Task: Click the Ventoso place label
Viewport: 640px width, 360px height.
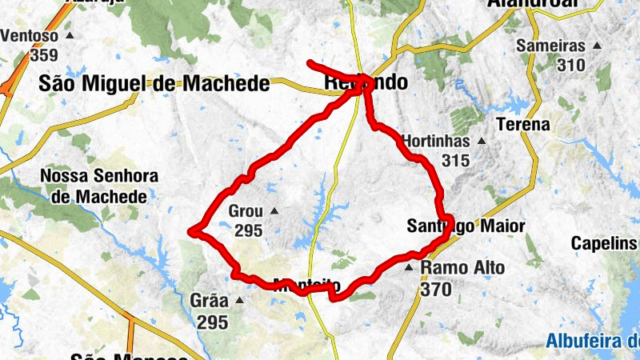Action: point(30,37)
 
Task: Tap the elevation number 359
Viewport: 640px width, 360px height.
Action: point(44,55)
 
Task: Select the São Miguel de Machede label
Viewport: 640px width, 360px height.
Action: point(154,84)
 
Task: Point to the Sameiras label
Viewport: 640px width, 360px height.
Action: point(550,46)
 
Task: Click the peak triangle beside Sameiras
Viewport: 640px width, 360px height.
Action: point(596,46)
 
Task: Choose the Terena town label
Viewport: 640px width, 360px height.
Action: point(523,125)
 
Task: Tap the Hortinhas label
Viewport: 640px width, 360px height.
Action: point(436,141)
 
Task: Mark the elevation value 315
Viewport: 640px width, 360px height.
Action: point(454,160)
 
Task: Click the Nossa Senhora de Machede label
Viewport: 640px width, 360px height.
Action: point(100,186)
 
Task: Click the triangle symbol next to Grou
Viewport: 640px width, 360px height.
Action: point(274,211)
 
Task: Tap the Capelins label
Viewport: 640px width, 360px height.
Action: point(605,243)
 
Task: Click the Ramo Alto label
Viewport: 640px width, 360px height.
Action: point(462,268)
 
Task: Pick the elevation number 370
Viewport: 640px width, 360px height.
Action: point(435,289)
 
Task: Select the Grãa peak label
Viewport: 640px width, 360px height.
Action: point(209,302)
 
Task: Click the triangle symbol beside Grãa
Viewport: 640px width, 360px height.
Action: point(238,301)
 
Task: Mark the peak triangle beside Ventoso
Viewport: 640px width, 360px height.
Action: point(70,37)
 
